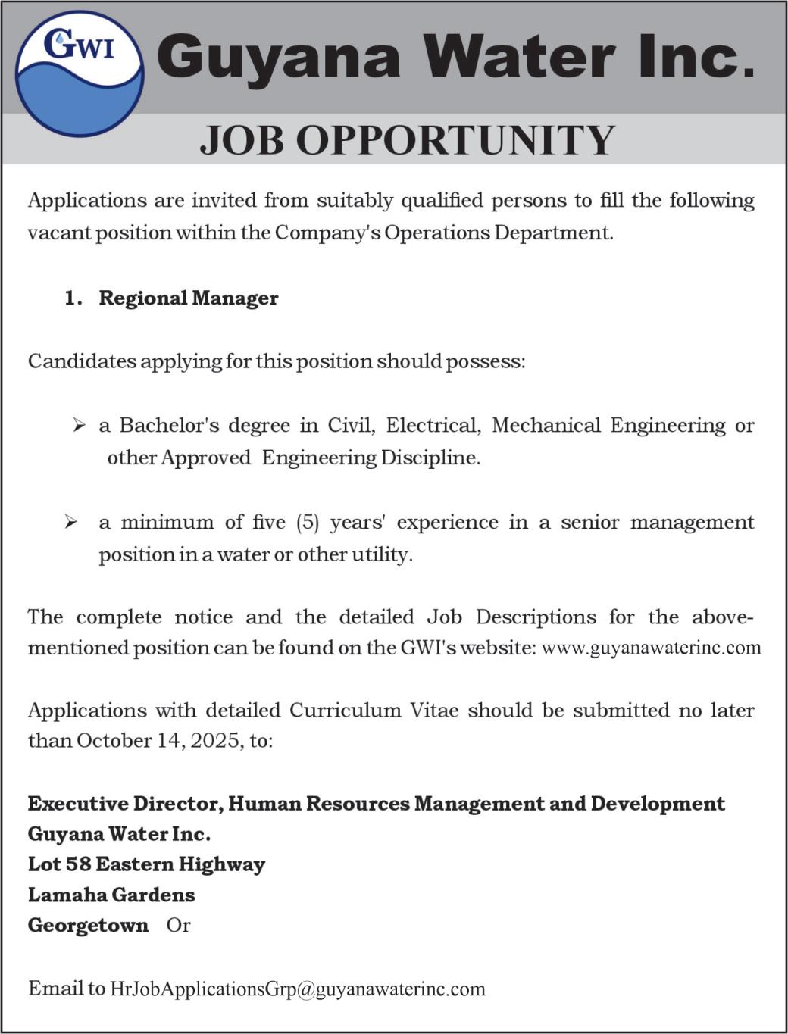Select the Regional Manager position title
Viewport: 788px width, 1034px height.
[x=188, y=298]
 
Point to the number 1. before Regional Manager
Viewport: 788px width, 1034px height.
[x=73, y=298]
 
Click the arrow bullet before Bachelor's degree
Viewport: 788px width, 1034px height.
[x=79, y=426]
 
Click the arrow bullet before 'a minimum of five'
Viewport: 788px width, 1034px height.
[x=71, y=523]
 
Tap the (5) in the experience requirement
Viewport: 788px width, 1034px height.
[x=308, y=523]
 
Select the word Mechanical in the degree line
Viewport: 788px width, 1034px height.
[x=546, y=426]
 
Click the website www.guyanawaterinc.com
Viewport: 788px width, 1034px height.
[x=651, y=648]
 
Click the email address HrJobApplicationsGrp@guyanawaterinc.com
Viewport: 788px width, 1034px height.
[x=297, y=989]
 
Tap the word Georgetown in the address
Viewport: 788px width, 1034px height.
[x=88, y=926]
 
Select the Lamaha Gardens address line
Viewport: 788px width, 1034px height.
[x=111, y=895]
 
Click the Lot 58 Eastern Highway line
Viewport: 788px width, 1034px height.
[x=146, y=864]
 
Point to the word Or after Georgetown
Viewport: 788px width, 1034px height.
[x=179, y=926]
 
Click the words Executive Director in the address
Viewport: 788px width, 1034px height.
[x=124, y=804]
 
